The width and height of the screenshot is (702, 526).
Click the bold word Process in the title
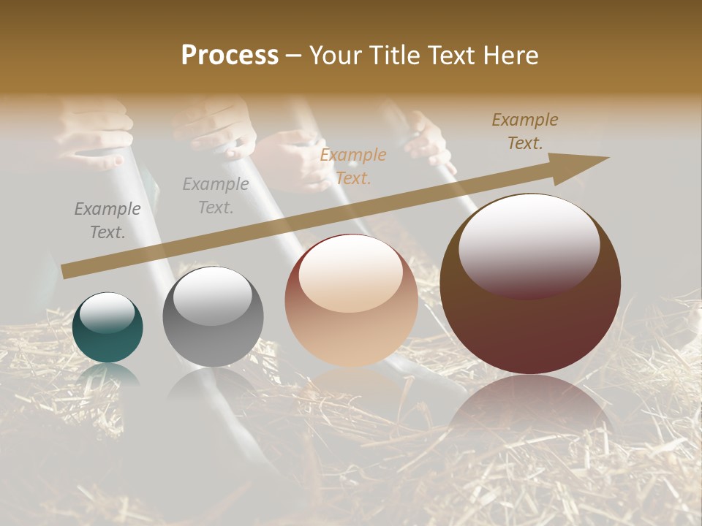click(x=230, y=56)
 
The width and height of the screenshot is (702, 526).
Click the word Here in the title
click(x=510, y=56)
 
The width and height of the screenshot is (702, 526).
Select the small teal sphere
click(x=107, y=327)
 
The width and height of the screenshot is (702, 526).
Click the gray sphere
click(x=213, y=316)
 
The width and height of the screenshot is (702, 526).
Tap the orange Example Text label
click(x=353, y=166)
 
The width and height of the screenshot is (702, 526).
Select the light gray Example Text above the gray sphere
click(x=216, y=195)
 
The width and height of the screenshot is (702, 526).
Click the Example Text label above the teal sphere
click(x=107, y=221)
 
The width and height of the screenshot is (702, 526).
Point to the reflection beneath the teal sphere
click(x=107, y=377)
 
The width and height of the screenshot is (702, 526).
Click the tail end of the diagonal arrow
click(x=66, y=271)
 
